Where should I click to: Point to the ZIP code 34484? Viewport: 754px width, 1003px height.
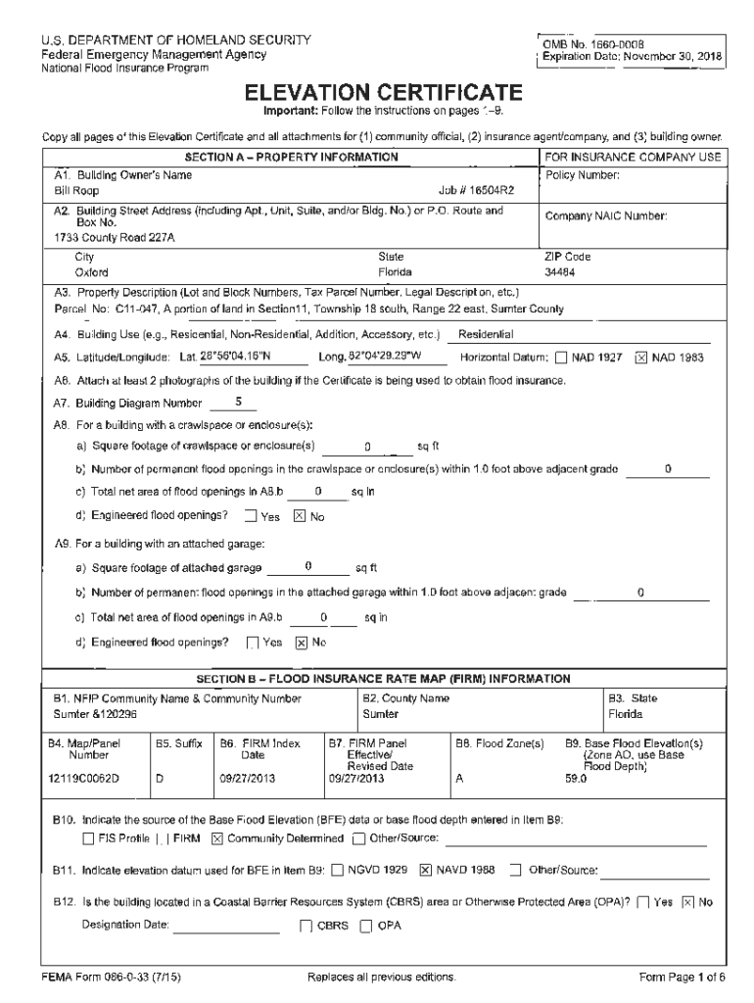[x=561, y=272]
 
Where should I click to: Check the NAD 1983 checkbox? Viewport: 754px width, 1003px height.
[x=641, y=358]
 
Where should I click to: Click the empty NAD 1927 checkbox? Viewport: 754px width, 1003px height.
[x=561, y=358]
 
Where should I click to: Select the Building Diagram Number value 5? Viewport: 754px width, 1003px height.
[x=238, y=402]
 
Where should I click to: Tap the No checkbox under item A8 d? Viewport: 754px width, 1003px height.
[x=300, y=517]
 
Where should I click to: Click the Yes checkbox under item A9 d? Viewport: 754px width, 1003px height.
[x=253, y=644]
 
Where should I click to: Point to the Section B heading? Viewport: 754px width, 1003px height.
[x=383, y=677]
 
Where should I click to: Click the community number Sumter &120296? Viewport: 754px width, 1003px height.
[x=95, y=715]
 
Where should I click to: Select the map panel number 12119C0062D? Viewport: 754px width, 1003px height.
[x=85, y=780]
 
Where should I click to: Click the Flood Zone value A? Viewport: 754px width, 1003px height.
[x=459, y=780]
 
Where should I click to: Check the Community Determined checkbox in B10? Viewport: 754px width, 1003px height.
[x=217, y=837]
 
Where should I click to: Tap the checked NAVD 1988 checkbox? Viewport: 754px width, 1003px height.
[x=426, y=870]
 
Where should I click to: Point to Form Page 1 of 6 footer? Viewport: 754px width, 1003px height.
[x=682, y=978]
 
